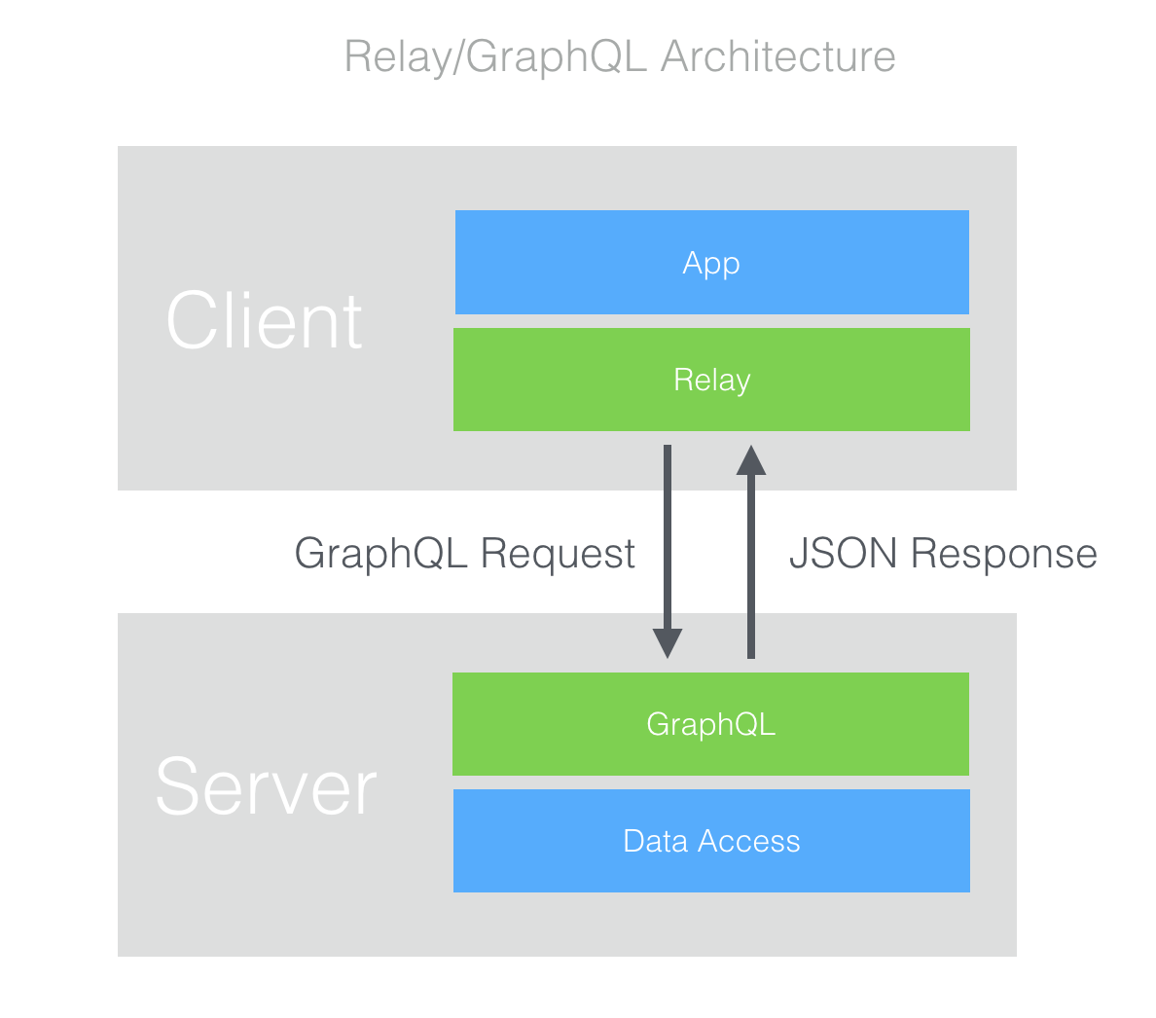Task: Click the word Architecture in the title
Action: click(777, 56)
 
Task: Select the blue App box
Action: click(712, 263)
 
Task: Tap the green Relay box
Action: click(711, 380)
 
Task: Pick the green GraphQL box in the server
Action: click(710, 724)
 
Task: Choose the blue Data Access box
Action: click(711, 841)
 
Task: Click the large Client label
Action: click(264, 321)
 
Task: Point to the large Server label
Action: click(267, 786)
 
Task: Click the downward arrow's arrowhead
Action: click(668, 642)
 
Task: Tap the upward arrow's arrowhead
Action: click(751, 460)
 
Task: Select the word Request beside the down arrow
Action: click(558, 555)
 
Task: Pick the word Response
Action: click(1004, 555)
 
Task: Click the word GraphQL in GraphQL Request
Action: click(381, 555)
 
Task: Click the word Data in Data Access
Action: click(656, 841)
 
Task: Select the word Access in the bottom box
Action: click(749, 841)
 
